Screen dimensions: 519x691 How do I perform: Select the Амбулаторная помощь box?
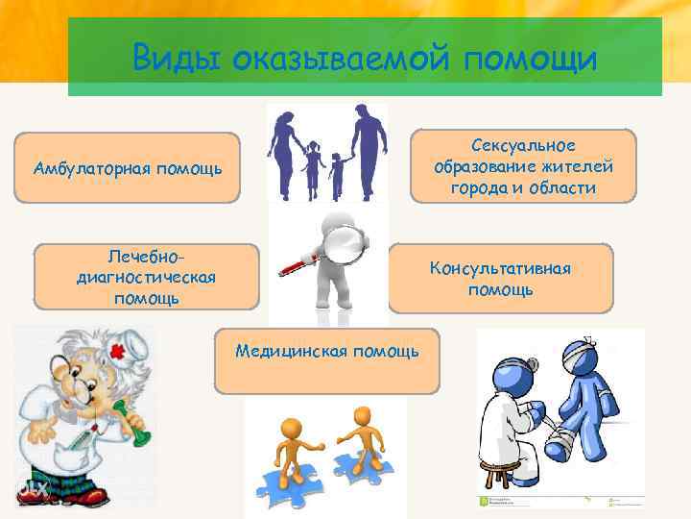pyautogui.click(x=128, y=169)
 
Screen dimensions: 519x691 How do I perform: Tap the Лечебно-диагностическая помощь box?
pyautogui.click(x=145, y=277)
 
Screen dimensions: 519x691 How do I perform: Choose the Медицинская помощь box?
pyautogui.click(x=326, y=361)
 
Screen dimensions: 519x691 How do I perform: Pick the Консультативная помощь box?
pyautogui.click(x=500, y=279)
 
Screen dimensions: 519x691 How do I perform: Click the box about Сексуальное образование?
pyautogui.click(x=523, y=166)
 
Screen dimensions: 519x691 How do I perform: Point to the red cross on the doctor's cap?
pyautogui.click(x=121, y=353)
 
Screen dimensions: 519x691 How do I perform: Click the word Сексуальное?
pyautogui.click(x=523, y=145)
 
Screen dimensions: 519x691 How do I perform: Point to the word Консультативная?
pyautogui.click(x=500, y=268)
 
